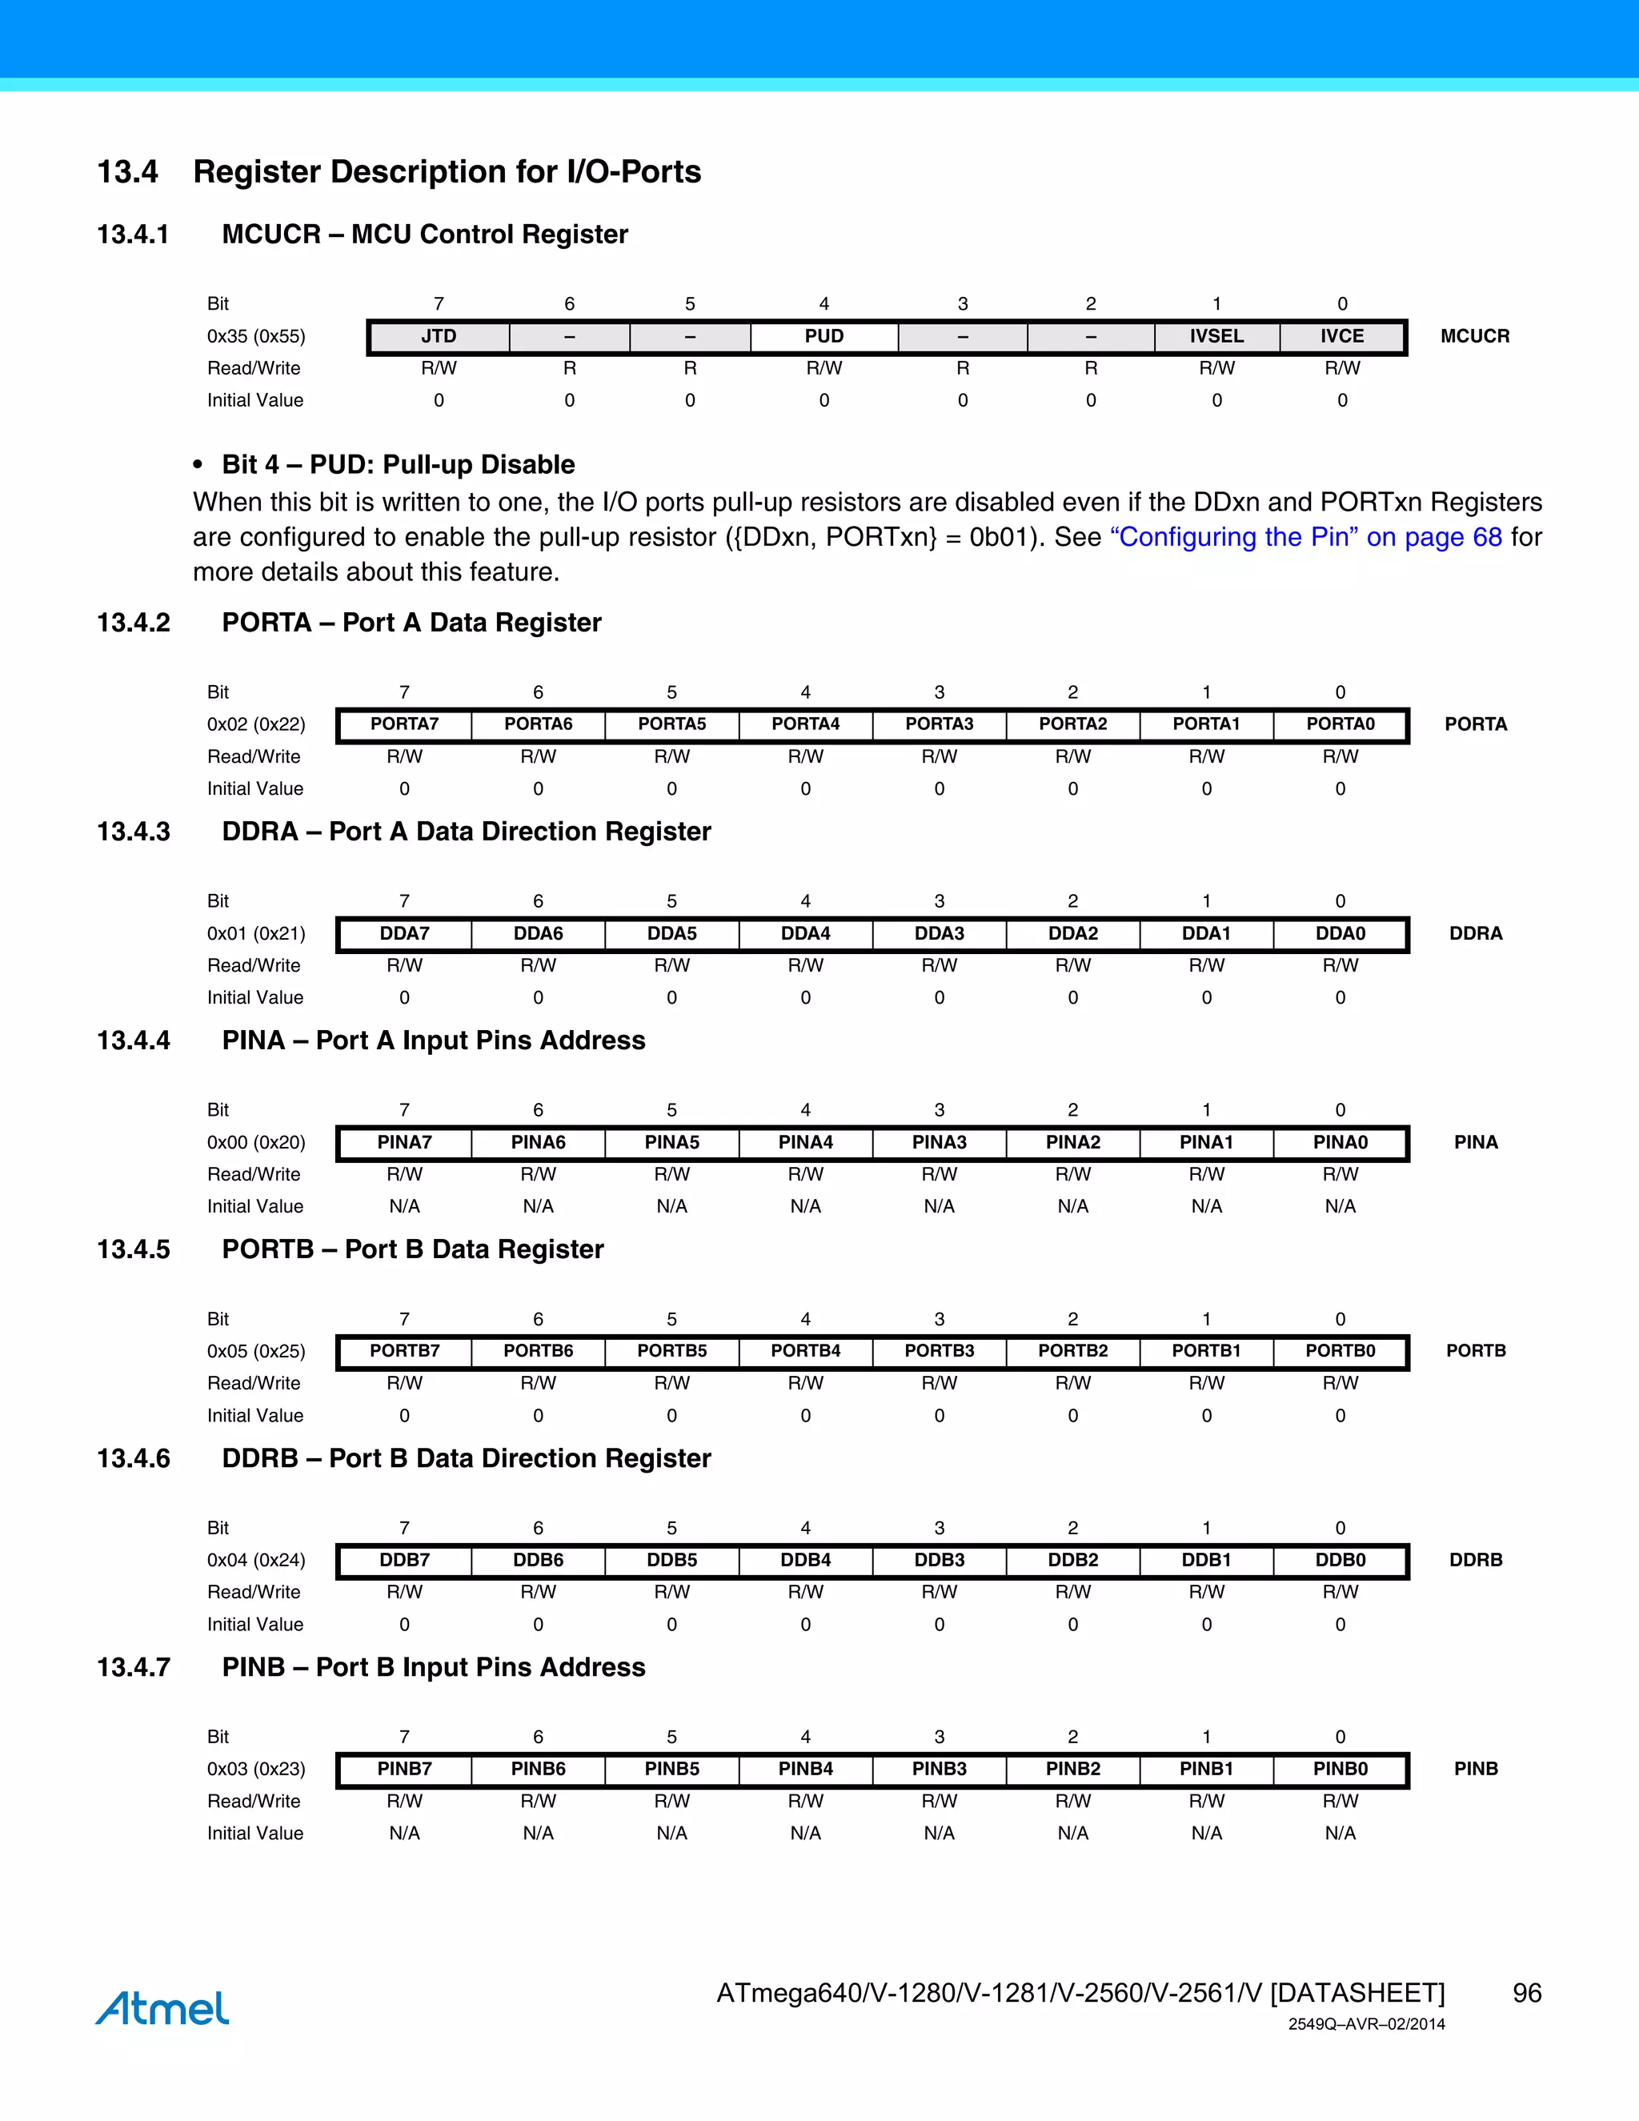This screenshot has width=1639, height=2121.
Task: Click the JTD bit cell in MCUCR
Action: (439, 336)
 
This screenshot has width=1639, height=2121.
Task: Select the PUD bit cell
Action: (824, 336)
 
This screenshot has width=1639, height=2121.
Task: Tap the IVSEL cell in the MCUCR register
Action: (1216, 336)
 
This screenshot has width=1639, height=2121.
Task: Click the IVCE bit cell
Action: (1342, 336)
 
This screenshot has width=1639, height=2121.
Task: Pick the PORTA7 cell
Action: (404, 724)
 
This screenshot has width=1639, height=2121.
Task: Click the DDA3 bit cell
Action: (939, 933)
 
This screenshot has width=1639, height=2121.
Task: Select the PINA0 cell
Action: (1340, 1142)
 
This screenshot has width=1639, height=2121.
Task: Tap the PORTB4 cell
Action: (805, 1351)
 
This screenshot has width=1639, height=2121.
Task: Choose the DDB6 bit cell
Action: (538, 1560)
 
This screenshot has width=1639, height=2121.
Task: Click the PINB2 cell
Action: (1073, 1769)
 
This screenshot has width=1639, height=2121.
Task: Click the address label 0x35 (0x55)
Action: (256, 336)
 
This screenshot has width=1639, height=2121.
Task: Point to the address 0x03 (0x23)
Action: (256, 1769)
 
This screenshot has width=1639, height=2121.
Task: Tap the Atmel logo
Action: (162, 2007)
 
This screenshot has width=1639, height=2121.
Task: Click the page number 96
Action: (1526, 1993)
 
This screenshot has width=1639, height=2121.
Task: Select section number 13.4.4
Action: (133, 1040)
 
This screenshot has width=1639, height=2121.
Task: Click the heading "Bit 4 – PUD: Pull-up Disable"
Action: (398, 464)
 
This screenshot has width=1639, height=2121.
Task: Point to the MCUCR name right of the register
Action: (1475, 336)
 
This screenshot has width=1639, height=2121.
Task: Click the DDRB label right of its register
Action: (1475, 1560)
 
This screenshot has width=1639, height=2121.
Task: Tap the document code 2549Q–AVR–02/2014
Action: (1366, 2024)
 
